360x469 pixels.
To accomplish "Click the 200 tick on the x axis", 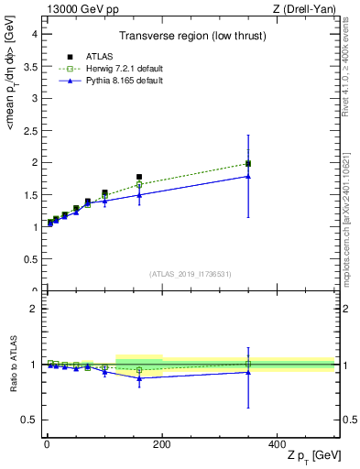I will coord(161,443).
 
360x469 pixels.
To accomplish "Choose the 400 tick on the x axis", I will coord(277,443).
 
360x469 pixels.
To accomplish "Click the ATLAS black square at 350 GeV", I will coord(248,164).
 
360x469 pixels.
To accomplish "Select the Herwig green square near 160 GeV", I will coord(139,185).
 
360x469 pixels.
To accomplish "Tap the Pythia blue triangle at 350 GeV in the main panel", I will coord(248,176).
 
